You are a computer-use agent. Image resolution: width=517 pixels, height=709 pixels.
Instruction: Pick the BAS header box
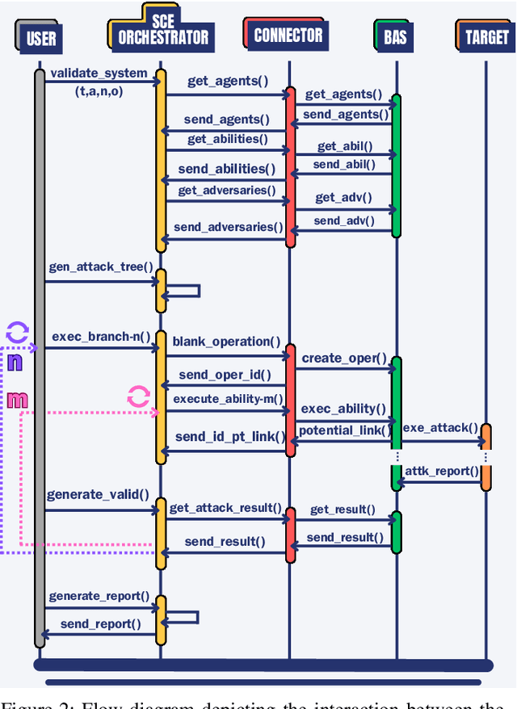tap(396, 37)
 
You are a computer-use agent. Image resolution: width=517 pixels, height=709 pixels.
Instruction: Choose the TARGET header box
tap(485, 37)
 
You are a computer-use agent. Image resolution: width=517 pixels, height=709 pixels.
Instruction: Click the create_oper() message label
tap(344, 358)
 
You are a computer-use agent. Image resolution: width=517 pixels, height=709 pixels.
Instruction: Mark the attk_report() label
tap(441, 471)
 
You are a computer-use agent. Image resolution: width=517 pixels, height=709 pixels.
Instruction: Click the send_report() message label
tap(100, 623)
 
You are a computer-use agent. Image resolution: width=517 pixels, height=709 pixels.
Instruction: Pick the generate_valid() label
tap(98, 494)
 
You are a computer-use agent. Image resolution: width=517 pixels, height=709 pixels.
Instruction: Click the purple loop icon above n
tap(18, 332)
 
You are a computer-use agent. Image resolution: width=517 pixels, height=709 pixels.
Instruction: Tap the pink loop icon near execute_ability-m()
tap(138, 396)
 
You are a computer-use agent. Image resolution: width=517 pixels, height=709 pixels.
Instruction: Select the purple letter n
tap(15, 363)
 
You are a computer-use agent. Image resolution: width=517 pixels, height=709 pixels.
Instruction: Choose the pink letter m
tap(17, 399)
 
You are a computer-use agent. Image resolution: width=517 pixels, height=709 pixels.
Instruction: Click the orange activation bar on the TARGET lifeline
tap(485, 457)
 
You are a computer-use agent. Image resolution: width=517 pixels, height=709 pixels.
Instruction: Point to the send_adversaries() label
tap(229, 227)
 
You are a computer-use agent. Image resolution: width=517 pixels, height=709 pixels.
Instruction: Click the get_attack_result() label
tap(225, 508)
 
